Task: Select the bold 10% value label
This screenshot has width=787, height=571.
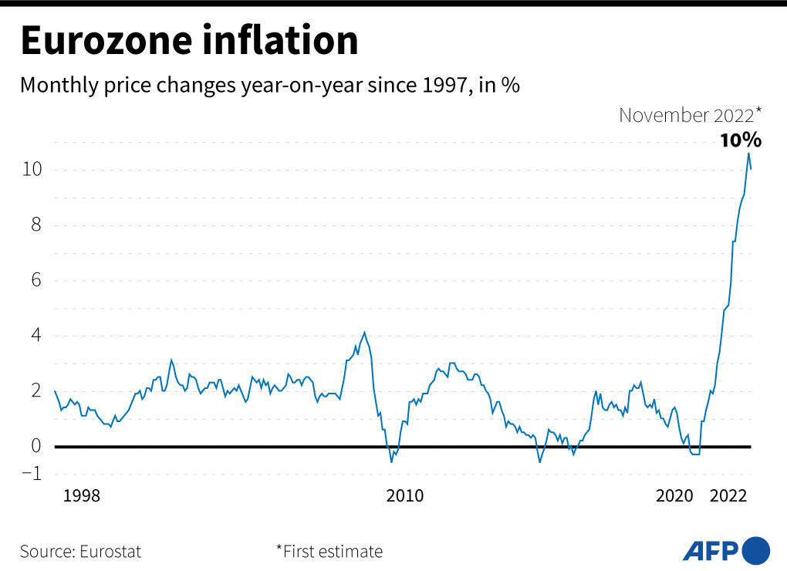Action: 741,140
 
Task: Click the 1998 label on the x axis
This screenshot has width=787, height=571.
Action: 81,496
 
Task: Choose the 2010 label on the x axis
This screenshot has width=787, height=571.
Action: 405,496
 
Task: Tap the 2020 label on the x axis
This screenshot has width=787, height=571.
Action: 675,496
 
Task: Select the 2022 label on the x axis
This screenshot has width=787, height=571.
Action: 728,496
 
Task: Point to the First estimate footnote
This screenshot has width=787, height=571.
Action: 329,552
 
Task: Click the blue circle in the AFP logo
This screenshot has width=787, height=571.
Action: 755,550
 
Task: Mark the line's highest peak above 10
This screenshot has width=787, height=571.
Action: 748,153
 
